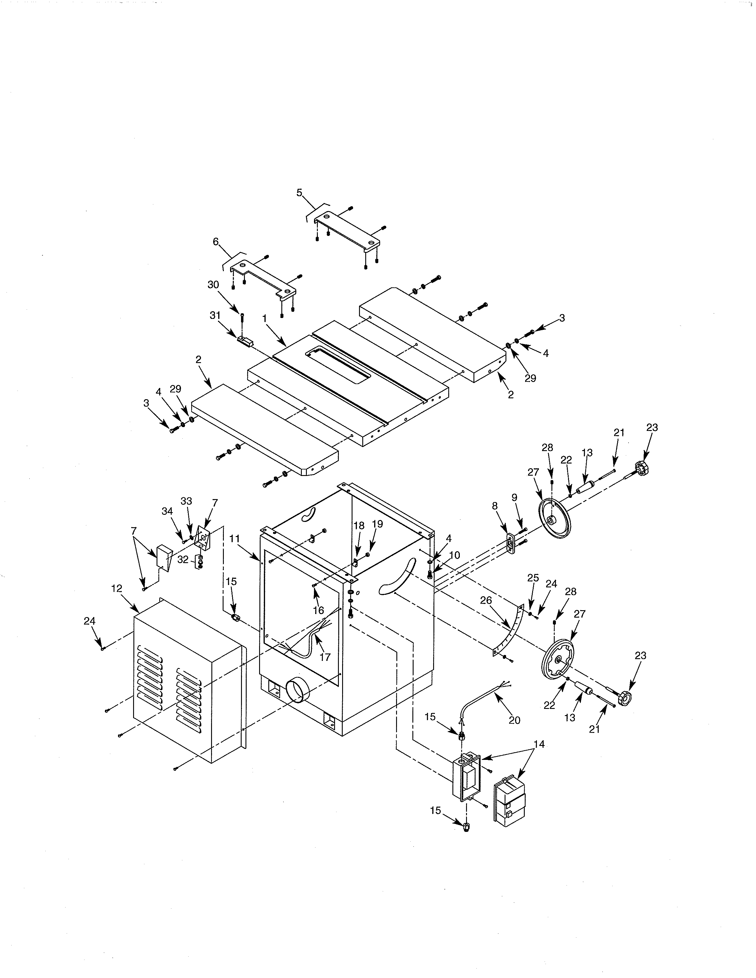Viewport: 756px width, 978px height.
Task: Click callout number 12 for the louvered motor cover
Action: pos(117,588)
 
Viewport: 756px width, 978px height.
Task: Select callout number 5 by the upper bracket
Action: pos(299,193)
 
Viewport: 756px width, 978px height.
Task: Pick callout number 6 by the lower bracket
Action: pos(216,242)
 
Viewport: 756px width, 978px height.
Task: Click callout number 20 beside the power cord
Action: pos(515,720)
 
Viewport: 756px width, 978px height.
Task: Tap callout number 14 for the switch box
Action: pos(539,744)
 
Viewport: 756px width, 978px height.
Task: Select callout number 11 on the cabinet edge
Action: pos(235,539)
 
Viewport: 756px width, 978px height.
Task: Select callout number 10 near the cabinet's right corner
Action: pos(454,555)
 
